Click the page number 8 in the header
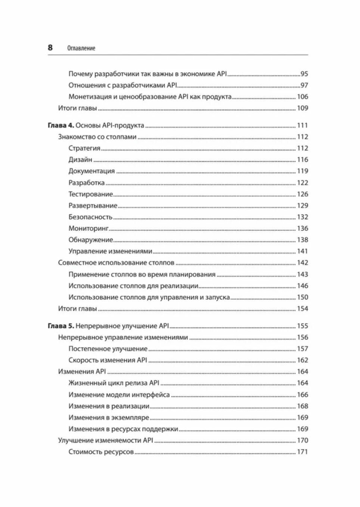(x=50, y=48)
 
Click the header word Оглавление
(x=81, y=48)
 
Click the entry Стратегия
(x=84, y=148)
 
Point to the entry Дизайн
(x=80, y=160)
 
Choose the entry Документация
(x=91, y=171)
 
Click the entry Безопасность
(x=90, y=217)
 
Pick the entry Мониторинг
(x=89, y=228)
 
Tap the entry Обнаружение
(x=90, y=240)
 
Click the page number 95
(x=304, y=74)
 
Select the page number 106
(x=302, y=97)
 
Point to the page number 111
(x=302, y=125)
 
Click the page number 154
(x=302, y=309)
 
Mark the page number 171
(x=302, y=452)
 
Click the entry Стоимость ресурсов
(x=101, y=452)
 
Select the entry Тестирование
(x=90, y=194)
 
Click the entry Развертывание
(x=93, y=206)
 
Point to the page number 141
(x=302, y=251)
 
